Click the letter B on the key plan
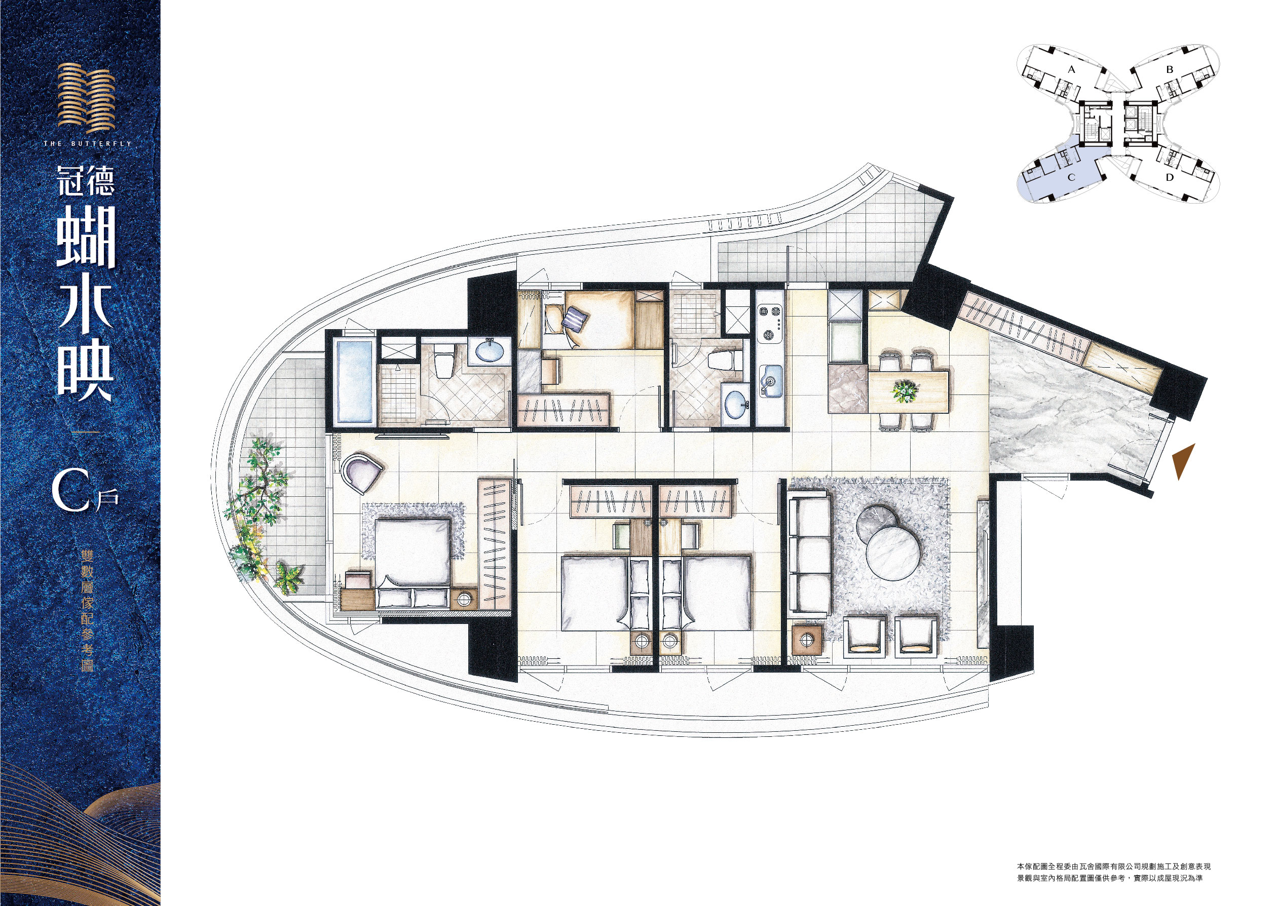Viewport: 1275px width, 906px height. click(x=1170, y=70)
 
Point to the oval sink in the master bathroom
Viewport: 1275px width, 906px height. click(x=489, y=351)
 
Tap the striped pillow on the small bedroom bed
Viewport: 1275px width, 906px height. click(x=575, y=319)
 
